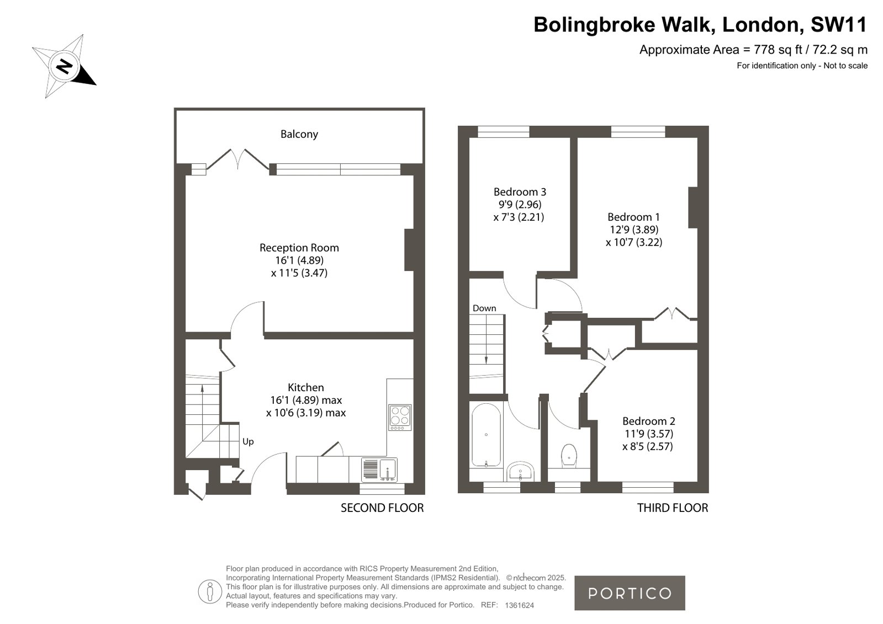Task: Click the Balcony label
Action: (299, 134)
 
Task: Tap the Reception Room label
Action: (299, 248)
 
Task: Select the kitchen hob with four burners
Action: (400, 417)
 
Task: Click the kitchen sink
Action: (379, 470)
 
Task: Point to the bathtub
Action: (486, 435)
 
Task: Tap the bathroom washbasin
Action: (520, 472)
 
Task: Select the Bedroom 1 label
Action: (633, 217)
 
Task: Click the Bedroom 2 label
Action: (649, 421)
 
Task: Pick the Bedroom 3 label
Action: (520, 192)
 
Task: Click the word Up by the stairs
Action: (248, 441)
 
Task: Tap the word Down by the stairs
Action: (484, 308)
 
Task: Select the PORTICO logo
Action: (630, 593)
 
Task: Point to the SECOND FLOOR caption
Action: (382, 508)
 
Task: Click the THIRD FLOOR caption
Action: (673, 508)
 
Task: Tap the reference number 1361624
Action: (519, 605)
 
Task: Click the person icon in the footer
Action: (210, 591)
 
